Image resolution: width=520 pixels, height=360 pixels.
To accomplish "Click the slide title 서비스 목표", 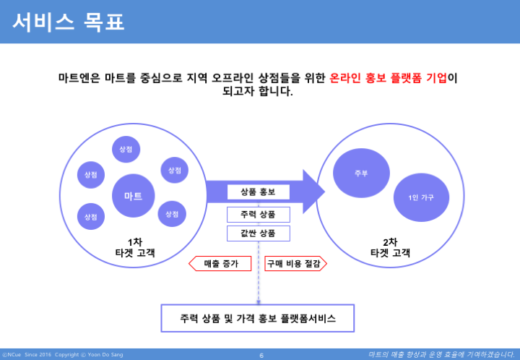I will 69,22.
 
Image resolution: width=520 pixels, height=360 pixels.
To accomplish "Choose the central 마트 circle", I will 134,196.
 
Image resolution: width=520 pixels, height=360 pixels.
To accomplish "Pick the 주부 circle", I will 361,173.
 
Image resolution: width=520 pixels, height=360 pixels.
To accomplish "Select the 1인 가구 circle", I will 421,197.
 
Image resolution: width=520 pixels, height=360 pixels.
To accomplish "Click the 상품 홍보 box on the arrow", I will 258,192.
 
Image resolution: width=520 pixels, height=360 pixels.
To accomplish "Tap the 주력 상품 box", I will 258,215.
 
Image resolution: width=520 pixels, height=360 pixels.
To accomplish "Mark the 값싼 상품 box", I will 258,233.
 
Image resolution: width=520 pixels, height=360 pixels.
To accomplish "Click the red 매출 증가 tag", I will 220,263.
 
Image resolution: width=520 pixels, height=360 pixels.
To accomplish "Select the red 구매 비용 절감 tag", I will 295,263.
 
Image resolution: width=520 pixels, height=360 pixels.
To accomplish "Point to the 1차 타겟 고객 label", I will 135,247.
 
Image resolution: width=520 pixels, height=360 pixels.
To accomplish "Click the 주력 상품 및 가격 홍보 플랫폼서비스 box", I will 258,318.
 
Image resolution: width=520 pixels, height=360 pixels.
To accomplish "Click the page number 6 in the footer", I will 261,355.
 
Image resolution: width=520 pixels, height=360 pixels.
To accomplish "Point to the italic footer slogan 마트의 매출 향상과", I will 441,354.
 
